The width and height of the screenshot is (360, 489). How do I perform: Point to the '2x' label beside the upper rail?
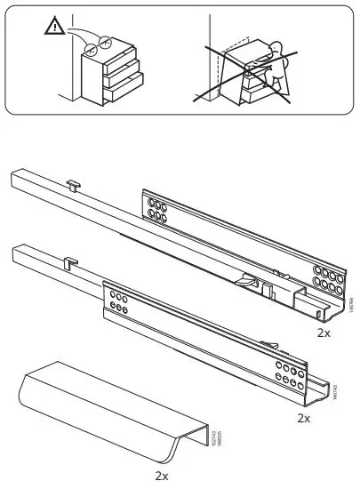(x=324, y=333)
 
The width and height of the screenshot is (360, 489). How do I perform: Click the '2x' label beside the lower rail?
(x=303, y=417)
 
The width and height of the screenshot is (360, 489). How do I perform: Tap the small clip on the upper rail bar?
(x=73, y=184)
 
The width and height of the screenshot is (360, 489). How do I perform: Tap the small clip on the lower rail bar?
(x=69, y=262)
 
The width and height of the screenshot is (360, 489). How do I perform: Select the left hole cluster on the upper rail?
(x=158, y=211)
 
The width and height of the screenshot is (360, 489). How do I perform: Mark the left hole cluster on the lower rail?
(x=117, y=299)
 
